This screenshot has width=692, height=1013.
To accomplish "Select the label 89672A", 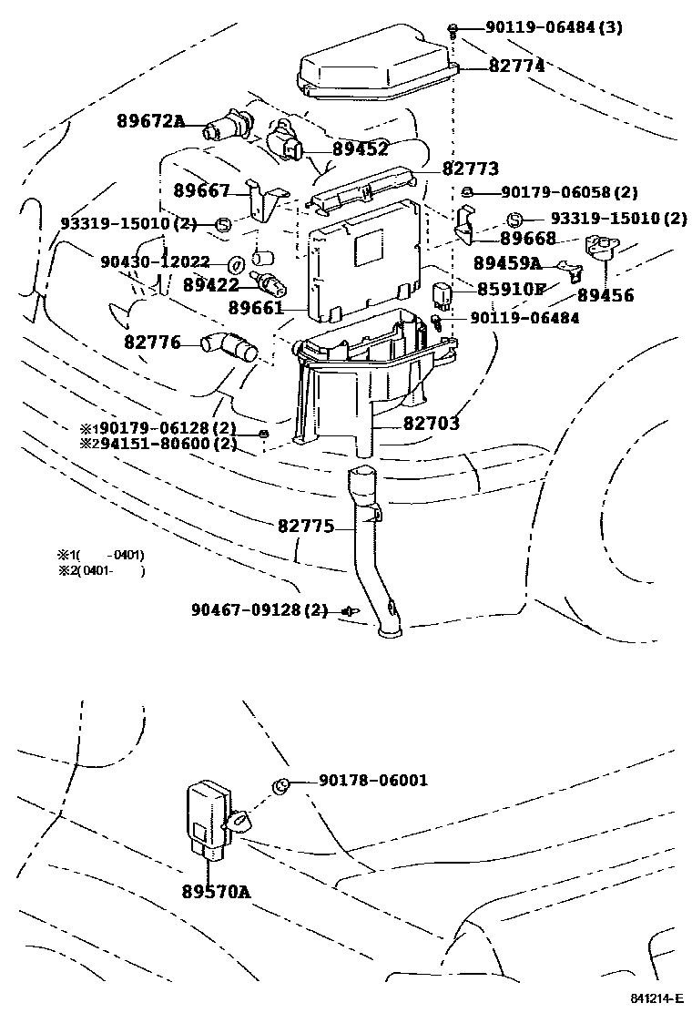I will pyautogui.click(x=150, y=121).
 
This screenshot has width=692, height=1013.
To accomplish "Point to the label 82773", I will pyautogui.click(x=471, y=169).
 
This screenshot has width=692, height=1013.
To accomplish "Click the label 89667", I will pyautogui.click(x=201, y=190).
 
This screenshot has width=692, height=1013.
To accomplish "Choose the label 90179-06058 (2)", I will pyautogui.click(x=569, y=192).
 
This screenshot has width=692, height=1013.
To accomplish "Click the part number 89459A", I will pyautogui.click(x=507, y=264).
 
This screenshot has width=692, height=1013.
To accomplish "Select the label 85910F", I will pyautogui.click(x=512, y=290).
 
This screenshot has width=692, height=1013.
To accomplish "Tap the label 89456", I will pyautogui.click(x=605, y=296).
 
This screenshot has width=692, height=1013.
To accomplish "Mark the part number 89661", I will pyautogui.click(x=256, y=308).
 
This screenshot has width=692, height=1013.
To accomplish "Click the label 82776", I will pyautogui.click(x=152, y=343).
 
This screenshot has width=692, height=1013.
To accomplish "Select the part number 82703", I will pyautogui.click(x=432, y=424).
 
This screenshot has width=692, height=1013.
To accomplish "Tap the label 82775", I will pyautogui.click(x=306, y=527).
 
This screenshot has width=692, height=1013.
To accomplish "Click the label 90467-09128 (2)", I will pyautogui.click(x=259, y=609).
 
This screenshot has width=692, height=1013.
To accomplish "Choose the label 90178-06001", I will pyautogui.click(x=372, y=781).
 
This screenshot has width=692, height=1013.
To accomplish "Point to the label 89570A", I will pyautogui.click(x=215, y=892).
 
